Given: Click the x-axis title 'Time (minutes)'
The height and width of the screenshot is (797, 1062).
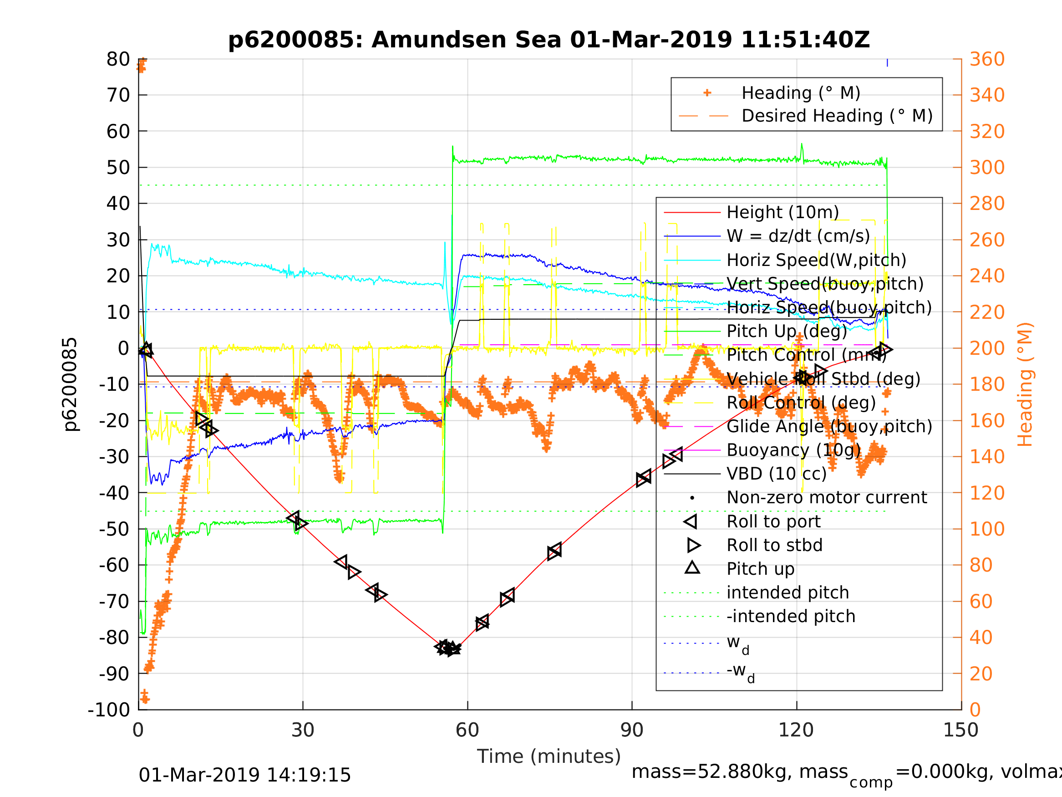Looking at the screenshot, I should (x=549, y=756).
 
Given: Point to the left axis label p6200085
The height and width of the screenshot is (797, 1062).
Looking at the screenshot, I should (x=71, y=384).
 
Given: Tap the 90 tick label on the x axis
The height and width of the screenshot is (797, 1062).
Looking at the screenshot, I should (x=632, y=731).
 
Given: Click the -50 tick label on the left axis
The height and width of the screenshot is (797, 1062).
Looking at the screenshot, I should (x=114, y=529).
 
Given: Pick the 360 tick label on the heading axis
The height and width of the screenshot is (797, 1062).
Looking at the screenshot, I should (x=987, y=60).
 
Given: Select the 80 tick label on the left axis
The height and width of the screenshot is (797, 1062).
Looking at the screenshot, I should (x=118, y=60).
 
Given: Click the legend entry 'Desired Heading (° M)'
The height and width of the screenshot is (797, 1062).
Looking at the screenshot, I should (x=837, y=116).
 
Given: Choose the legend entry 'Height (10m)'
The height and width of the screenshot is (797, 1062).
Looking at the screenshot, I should (x=783, y=212).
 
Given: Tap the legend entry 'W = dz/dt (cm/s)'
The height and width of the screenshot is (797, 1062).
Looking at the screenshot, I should (x=798, y=236).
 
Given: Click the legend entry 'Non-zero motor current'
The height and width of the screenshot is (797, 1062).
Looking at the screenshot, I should (x=827, y=498).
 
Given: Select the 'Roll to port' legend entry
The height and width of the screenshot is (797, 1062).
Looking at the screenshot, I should (x=773, y=522).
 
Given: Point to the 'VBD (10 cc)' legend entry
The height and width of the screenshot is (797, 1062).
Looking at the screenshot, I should (x=776, y=474).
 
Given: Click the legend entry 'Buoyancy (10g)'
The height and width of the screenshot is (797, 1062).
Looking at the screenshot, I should (x=793, y=450).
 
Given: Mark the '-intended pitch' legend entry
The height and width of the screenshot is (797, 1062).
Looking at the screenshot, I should (x=791, y=616).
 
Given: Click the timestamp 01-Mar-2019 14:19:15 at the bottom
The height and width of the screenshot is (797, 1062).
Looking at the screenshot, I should (x=245, y=776).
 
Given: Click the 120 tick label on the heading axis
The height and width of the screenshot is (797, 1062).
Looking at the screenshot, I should (x=987, y=493).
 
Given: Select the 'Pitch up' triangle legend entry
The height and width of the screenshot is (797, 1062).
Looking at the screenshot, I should (x=761, y=569).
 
